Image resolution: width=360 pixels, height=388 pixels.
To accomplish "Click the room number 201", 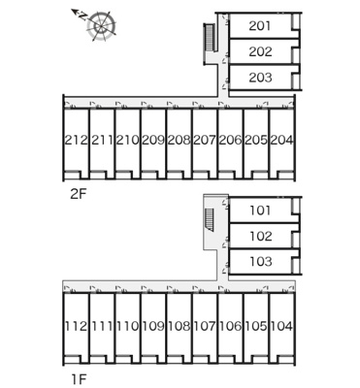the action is click(x=260, y=26).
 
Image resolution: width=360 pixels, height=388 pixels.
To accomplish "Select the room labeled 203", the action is click(x=260, y=78).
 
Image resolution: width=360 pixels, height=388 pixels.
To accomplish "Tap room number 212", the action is click(x=77, y=140).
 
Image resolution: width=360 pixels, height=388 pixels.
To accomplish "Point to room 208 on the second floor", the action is click(x=179, y=140).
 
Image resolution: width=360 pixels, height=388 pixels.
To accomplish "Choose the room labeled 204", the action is click(x=281, y=140).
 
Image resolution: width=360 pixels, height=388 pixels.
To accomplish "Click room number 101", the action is click(x=260, y=210).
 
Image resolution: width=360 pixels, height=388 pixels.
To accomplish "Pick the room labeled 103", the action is click(x=261, y=261).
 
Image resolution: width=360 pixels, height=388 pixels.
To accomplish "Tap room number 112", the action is click(x=77, y=326).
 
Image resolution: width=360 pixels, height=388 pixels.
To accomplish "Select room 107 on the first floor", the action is click(x=205, y=326).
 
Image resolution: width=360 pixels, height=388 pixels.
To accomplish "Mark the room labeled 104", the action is click(x=281, y=326).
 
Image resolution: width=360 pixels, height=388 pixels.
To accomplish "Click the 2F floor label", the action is click(x=79, y=194).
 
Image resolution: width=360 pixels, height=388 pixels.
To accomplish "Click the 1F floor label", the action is click(x=79, y=379).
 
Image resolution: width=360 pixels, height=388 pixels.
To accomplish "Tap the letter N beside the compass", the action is click(x=83, y=16).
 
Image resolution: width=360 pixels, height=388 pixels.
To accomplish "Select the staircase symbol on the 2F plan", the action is click(x=209, y=38).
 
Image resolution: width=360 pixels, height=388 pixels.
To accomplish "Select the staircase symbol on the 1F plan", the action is click(x=210, y=220).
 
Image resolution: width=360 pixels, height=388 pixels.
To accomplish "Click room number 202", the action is click(x=260, y=51).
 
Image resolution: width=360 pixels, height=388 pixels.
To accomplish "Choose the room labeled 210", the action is click(x=127, y=140).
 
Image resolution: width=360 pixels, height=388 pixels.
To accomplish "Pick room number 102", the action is click(x=261, y=237).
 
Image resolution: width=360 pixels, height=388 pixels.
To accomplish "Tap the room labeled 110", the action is click(x=127, y=326).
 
